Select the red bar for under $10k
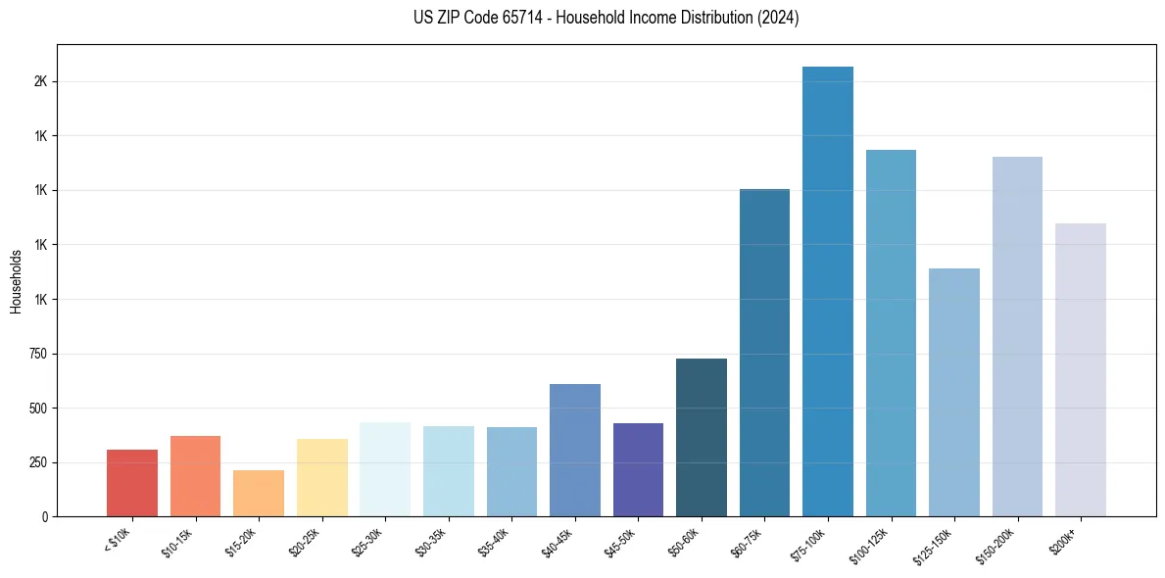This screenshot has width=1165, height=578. pos(132,483)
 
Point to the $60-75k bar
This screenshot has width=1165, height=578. pos(764,353)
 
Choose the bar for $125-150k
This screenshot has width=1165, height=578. pos(954,392)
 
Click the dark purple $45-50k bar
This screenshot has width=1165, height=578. pos(638,469)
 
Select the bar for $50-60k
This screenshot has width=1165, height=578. pos(702,437)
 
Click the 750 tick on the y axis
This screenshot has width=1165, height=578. pos(39,354)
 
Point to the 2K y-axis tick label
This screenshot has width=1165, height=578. pos(40,81)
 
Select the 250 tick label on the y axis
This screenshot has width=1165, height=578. pos(39,462)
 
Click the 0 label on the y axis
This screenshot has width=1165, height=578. pos(45,516)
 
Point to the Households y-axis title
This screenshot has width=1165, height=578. pos(16,280)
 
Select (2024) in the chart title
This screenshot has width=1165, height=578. pos(779,18)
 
